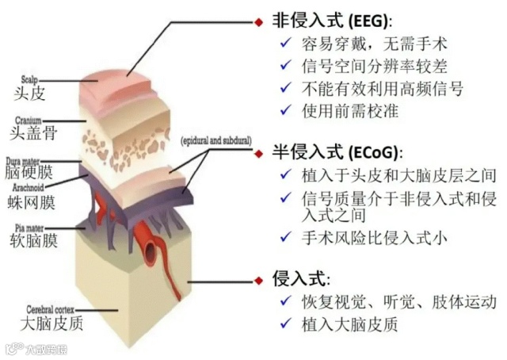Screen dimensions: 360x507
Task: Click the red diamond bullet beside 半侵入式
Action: [259, 151]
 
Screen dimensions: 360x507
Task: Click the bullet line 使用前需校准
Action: [348, 110]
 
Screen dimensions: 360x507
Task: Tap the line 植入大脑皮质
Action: [348, 324]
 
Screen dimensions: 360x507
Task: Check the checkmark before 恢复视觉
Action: [284, 302]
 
